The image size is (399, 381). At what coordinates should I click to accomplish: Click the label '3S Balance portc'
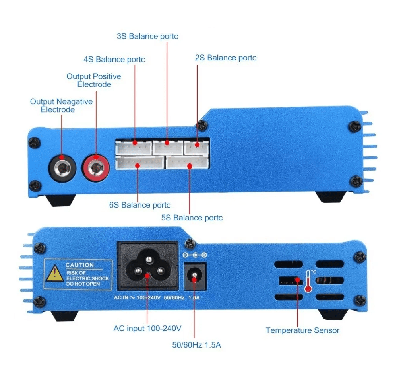click(147, 36)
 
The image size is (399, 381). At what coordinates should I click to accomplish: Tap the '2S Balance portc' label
click(225, 58)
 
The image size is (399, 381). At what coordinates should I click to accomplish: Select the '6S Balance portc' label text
click(139, 205)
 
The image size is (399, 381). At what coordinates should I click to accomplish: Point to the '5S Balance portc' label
click(192, 218)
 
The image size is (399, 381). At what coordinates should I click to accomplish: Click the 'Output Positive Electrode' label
click(94, 80)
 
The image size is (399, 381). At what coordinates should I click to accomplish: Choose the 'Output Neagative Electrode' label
click(61, 105)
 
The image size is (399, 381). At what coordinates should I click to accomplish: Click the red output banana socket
click(96, 167)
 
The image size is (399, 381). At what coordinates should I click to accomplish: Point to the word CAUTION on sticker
click(79, 265)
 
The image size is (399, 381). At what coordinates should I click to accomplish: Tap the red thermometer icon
click(308, 281)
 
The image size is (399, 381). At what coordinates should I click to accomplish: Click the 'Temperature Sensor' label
click(302, 330)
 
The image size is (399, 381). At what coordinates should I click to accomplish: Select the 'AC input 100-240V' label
click(147, 329)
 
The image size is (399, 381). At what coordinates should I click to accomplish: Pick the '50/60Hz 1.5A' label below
click(196, 345)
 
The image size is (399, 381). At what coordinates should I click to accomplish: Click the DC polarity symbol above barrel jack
click(194, 255)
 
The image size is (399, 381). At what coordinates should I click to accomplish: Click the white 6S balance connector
click(139, 163)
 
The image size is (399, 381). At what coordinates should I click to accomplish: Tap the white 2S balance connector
click(196, 147)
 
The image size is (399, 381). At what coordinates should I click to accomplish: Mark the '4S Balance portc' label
click(114, 59)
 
